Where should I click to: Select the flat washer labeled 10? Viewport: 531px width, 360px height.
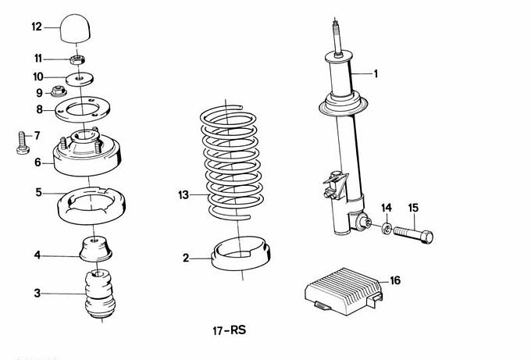click(x=81, y=78)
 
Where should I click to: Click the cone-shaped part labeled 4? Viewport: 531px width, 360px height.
click(x=97, y=249)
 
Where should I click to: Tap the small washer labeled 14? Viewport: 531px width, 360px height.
click(x=386, y=228)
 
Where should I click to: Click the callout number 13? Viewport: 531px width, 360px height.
click(x=183, y=194)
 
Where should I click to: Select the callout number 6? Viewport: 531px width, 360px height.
click(x=37, y=162)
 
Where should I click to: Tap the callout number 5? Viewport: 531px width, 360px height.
click(x=37, y=191)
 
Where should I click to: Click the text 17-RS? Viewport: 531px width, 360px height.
click(x=228, y=331)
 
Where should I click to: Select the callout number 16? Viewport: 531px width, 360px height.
click(x=395, y=280)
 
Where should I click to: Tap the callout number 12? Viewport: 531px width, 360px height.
click(x=37, y=27)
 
